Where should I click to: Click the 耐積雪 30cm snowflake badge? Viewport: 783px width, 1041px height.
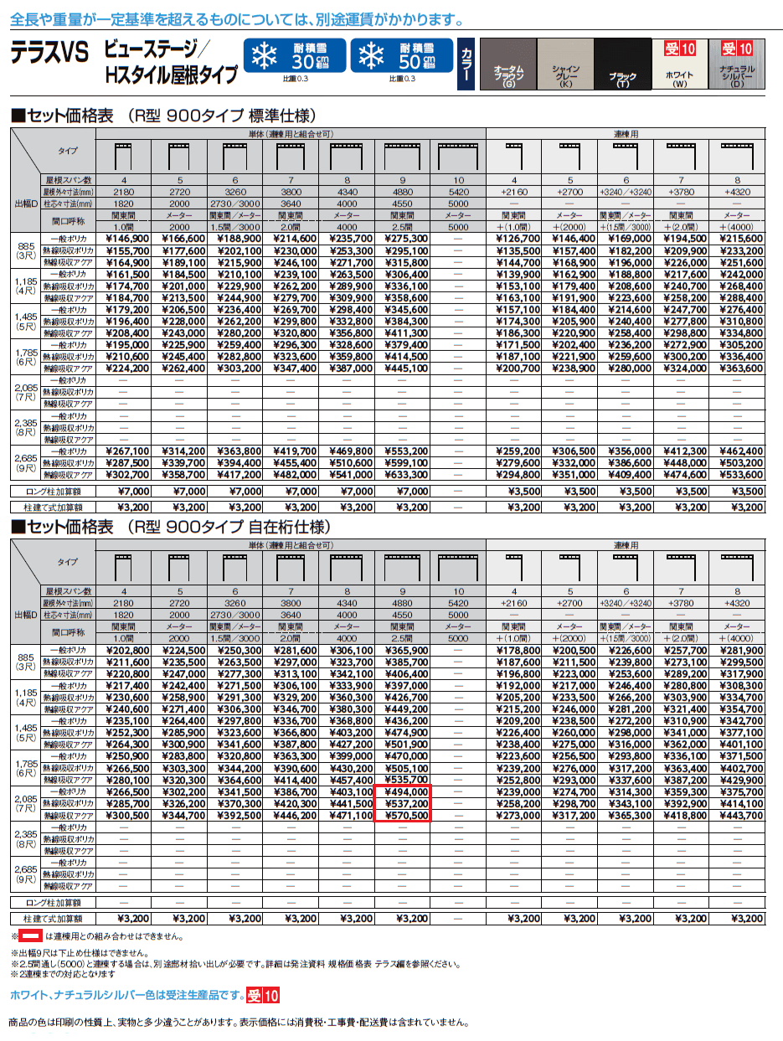(294, 56)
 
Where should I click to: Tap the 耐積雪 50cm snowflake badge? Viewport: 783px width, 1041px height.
(401, 56)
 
